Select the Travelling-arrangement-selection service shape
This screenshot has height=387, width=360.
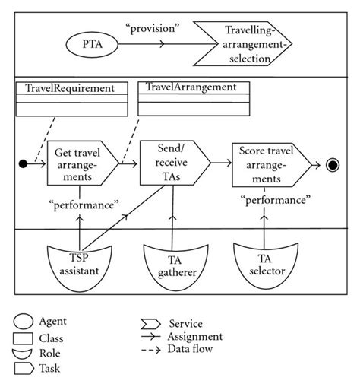[x=242, y=45]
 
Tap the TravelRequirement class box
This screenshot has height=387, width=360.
[x=71, y=100]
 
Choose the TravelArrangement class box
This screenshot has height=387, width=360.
[x=193, y=100]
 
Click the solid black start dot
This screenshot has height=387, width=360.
[x=24, y=163]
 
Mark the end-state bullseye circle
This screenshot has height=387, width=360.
[x=331, y=163]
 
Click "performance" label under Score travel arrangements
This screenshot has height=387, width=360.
[x=274, y=200]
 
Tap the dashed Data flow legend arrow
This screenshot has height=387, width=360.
[x=156, y=349]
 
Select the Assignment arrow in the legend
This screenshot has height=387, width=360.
[x=156, y=335]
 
